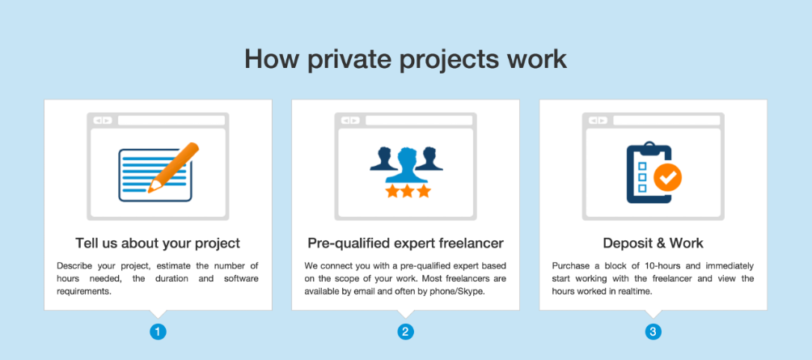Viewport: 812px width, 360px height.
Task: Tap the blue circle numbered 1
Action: pos(158,332)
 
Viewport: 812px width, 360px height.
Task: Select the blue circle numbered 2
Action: pos(405,332)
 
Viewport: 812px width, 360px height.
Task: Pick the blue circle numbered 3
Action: pos(653,332)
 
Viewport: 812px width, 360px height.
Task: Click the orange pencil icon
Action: pos(173,167)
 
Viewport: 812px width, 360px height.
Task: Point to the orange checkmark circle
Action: pos(667,178)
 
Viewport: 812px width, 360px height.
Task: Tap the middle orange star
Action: pos(408,191)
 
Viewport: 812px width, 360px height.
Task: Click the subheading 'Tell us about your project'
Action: pos(158,243)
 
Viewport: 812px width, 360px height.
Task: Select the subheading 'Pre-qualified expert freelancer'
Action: pos(405,243)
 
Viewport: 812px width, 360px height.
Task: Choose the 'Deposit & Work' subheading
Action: pos(653,243)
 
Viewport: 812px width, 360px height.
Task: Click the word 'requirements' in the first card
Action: pos(83,291)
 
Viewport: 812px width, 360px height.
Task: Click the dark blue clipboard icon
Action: pos(649,173)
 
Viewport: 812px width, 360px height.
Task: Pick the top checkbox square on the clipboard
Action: pos(641,167)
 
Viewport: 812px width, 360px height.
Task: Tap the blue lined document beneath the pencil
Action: pos(155,175)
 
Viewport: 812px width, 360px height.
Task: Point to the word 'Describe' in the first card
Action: pos(73,266)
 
